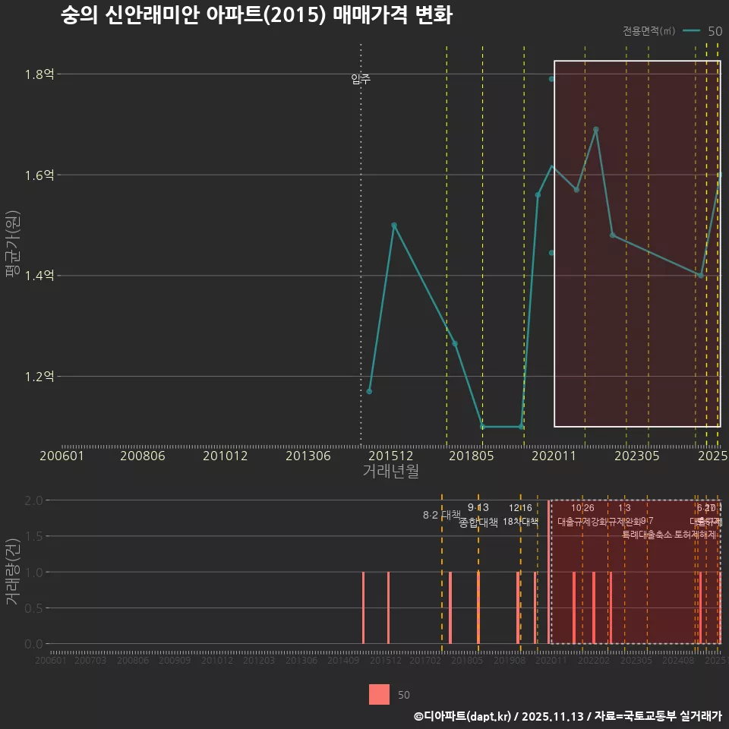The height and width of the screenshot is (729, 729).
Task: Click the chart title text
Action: [x=257, y=16]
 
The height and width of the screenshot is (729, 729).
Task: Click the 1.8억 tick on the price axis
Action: [x=39, y=74]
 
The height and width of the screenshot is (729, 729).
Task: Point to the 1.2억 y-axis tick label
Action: [x=39, y=377]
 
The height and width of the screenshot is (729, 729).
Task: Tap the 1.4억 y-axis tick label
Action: [x=39, y=276]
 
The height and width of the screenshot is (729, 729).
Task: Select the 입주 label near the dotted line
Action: [x=361, y=79]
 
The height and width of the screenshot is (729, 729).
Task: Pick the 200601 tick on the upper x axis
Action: [x=62, y=456]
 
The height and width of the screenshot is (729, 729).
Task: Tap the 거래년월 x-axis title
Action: [x=390, y=471]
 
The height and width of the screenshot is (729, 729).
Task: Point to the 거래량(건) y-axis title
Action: [x=13, y=572]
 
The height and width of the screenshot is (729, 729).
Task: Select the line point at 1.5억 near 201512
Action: [x=393, y=226]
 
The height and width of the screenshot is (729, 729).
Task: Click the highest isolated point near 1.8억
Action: [x=552, y=79]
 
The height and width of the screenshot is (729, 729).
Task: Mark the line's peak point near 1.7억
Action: [x=595, y=130]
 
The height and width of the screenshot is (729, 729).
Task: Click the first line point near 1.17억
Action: [x=369, y=391]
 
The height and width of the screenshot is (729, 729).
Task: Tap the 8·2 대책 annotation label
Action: [x=442, y=515]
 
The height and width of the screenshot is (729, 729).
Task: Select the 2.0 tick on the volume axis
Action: [x=33, y=500]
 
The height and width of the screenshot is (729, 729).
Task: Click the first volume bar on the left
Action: [x=364, y=607]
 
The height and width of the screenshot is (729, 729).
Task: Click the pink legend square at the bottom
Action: [x=379, y=694]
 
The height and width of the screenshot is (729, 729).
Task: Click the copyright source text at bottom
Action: [x=567, y=716]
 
